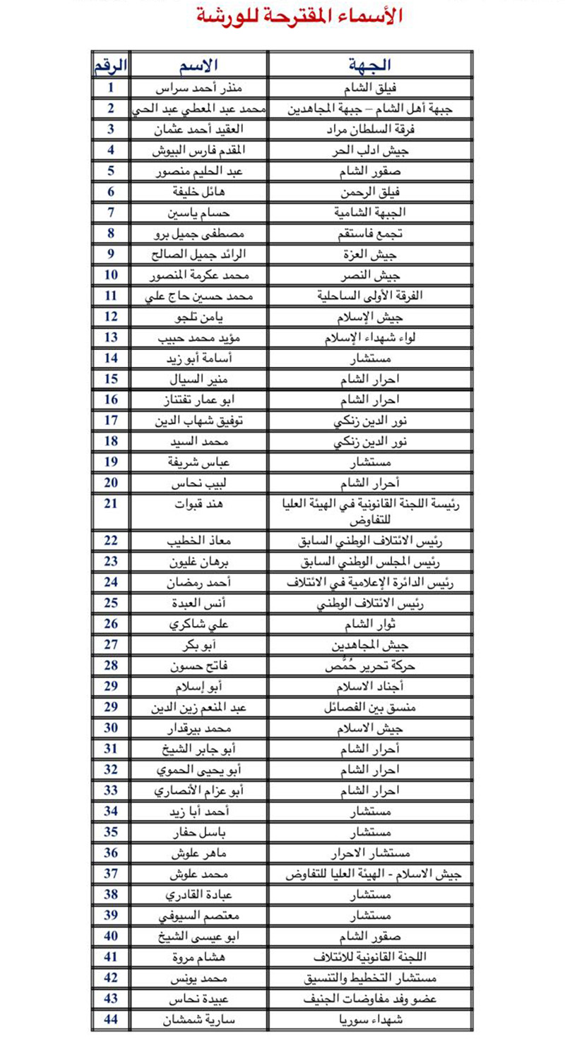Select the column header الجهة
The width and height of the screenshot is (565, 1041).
[369, 65]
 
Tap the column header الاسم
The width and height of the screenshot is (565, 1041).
[198, 65]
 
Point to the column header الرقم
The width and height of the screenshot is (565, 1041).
[111, 65]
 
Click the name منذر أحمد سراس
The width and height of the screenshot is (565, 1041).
[198, 89]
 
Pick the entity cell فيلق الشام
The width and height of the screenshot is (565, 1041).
[370, 89]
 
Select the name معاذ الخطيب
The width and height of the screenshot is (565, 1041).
[198, 541]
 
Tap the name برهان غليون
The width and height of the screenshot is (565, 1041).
[198, 562]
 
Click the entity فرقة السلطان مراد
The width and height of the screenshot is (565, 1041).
[370, 130]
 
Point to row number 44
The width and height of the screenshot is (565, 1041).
[111, 1020]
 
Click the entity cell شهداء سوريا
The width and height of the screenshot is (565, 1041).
[370, 1020]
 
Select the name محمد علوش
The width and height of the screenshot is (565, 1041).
[198, 874]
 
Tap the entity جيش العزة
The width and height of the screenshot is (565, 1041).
[370, 254]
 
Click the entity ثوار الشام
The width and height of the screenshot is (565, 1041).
[370, 624]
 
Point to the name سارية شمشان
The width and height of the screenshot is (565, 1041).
[198, 1020]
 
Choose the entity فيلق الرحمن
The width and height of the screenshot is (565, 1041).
[370, 192]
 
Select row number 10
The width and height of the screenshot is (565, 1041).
[111, 275]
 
